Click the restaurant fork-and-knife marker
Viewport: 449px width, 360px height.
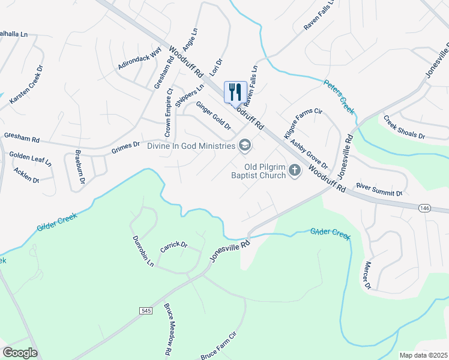[x=235, y=92]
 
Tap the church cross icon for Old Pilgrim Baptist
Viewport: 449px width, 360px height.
[x=294, y=171]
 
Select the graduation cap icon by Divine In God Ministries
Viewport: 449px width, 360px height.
[x=244, y=145]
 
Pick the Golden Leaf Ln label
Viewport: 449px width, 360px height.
[x=31, y=158]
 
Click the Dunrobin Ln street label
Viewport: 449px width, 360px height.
[x=143, y=251]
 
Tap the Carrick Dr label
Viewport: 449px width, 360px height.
[x=174, y=246]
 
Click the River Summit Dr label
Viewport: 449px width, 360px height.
[x=379, y=190]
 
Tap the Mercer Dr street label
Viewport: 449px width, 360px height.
[x=367, y=275]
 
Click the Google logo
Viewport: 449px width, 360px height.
[x=20, y=353]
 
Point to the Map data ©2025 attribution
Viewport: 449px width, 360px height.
[x=422, y=355]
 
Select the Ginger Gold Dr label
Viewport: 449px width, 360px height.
[x=213, y=115]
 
